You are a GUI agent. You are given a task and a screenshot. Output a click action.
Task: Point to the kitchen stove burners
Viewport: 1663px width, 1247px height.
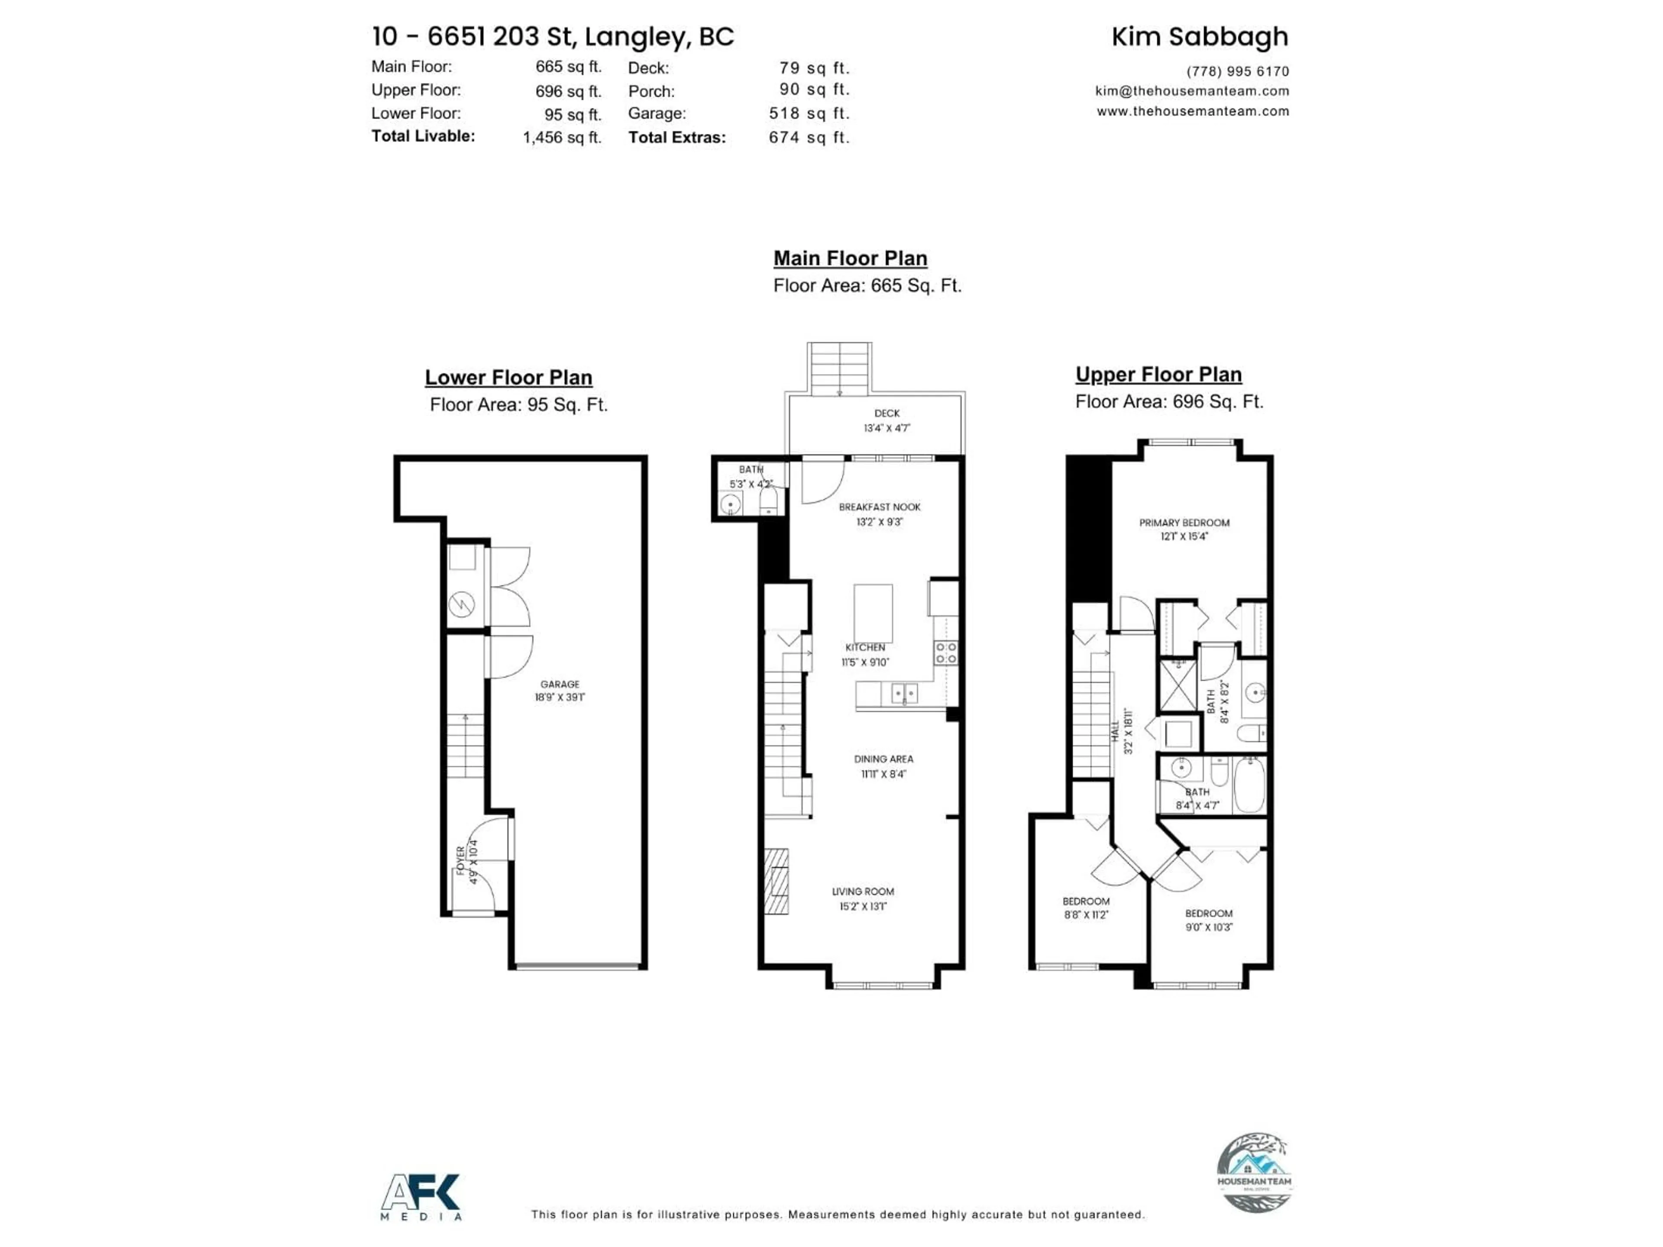click(946, 653)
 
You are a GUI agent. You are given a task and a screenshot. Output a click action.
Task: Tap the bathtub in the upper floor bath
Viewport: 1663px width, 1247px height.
click(1249, 785)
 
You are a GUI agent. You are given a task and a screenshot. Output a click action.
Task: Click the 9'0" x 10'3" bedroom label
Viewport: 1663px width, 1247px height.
click(1209, 920)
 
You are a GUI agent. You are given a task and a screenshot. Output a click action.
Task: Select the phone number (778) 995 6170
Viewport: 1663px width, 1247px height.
click(1237, 71)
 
